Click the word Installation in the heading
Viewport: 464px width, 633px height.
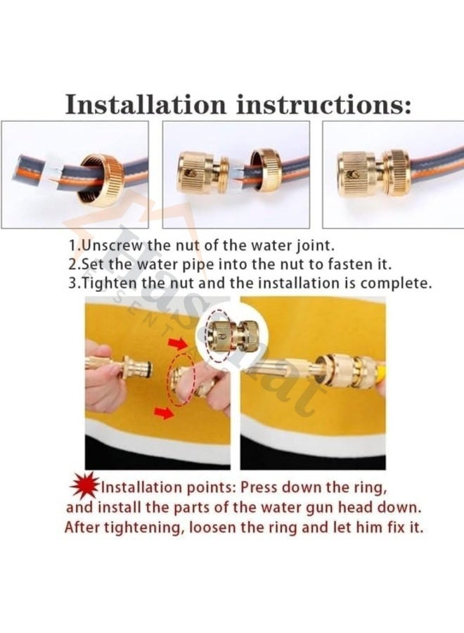pos(146,104)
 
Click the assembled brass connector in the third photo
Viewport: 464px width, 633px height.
pos(373,173)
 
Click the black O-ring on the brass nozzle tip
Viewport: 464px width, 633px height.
pos(150,367)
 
